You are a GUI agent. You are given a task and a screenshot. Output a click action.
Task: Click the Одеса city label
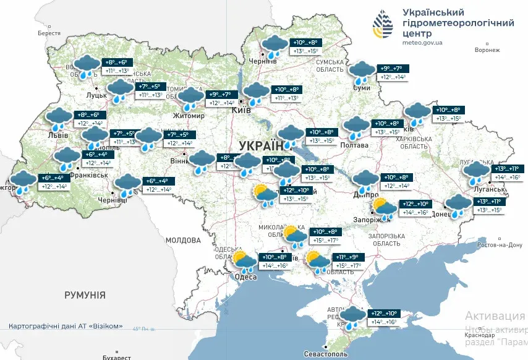(246, 277)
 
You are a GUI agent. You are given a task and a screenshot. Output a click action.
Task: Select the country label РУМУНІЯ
(85, 295)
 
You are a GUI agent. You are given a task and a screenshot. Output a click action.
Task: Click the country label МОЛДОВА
(184, 239)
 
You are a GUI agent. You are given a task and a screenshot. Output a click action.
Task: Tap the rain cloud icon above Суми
(360, 72)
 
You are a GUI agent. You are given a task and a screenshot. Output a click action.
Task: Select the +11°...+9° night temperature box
(349, 257)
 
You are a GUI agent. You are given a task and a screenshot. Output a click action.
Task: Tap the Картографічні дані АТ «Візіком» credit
(66, 326)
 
